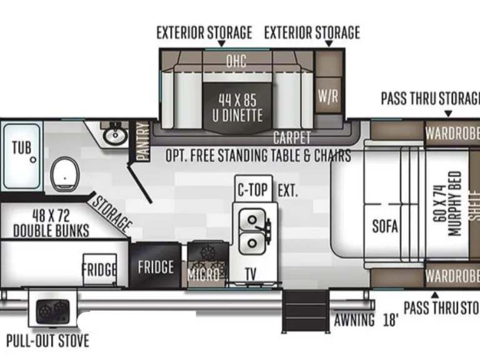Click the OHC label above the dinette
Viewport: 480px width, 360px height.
tap(236, 61)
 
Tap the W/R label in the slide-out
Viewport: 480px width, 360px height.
tap(328, 97)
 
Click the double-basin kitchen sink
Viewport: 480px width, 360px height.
tap(254, 232)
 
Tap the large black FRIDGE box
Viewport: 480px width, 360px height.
tap(156, 267)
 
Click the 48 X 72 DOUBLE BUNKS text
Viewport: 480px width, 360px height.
tap(51, 223)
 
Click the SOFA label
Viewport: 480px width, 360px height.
tap(385, 226)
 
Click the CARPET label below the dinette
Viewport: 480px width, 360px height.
tap(291, 138)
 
